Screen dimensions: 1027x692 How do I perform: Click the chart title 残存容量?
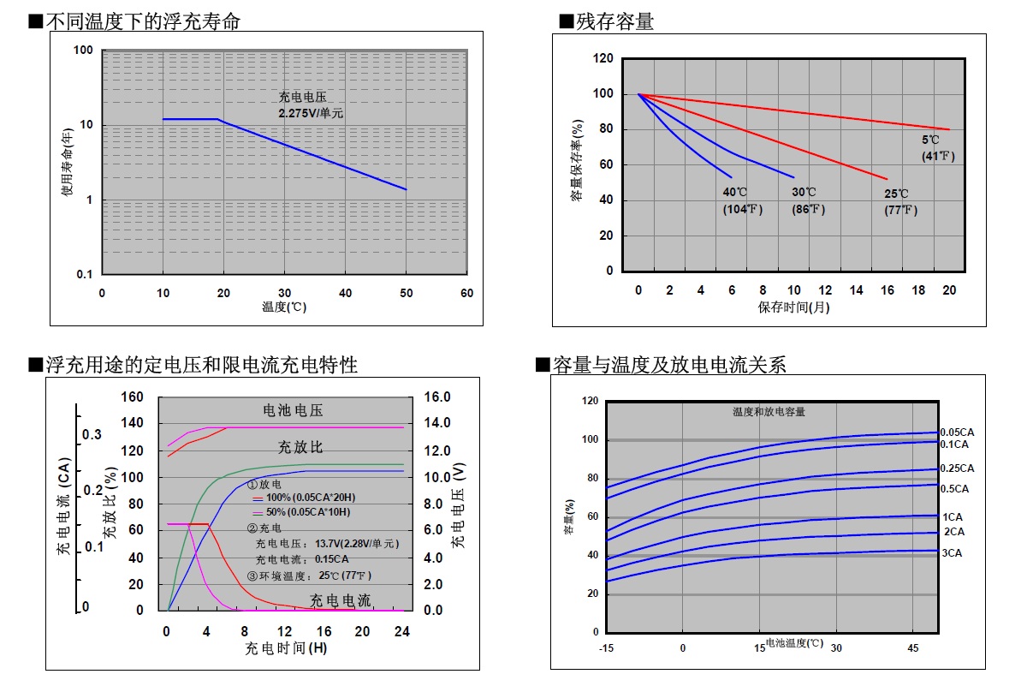pos(614,21)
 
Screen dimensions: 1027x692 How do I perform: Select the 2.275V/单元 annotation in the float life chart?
pos(311,113)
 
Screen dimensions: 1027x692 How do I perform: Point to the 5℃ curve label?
pos(930,140)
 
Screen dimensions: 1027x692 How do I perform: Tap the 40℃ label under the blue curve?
pos(734,192)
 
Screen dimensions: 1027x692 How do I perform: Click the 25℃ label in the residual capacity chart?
pos(896,194)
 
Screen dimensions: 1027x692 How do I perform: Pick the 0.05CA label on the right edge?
pos(957,432)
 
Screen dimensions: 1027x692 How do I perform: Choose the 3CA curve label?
pos(952,553)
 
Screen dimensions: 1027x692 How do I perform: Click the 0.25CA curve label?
pos(957,468)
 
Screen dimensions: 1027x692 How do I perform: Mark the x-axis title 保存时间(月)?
pos(793,307)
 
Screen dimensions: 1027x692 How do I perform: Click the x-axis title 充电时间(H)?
pos(286,648)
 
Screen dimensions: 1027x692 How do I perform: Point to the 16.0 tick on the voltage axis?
pos(437,397)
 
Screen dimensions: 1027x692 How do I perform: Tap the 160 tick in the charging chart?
pos(132,397)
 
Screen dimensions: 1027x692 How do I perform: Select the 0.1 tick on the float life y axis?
pos(85,274)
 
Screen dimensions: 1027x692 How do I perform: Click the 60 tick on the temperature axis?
pos(466,293)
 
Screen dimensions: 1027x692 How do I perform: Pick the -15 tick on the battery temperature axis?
pos(606,648)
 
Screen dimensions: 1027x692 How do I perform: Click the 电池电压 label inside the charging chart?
pos(293,410)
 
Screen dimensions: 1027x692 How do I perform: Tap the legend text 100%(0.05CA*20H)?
pos(311,498)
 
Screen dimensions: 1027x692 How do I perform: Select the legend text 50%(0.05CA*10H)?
pos(308,512)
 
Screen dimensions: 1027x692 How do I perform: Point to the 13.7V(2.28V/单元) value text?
pos(357,544)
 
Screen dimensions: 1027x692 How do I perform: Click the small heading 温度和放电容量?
pos(769,412)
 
